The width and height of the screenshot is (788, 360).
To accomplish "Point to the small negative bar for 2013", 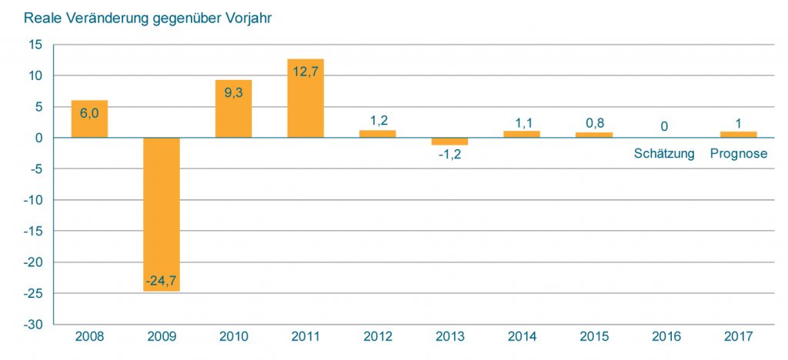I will coord(449,142).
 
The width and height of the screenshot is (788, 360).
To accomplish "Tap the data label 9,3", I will coord(233,92).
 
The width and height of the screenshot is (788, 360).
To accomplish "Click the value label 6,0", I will coord(89,113).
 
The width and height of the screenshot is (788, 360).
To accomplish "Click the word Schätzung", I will coord(664,153).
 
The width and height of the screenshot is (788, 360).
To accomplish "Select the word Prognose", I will coord(739,153).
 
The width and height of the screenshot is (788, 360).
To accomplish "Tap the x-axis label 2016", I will coord(666,337).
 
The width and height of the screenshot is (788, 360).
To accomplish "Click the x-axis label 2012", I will coord(378,337).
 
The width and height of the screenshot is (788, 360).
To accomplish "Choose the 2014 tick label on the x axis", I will coord(522,337).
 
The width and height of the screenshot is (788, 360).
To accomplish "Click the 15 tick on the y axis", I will coord(36,45).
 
